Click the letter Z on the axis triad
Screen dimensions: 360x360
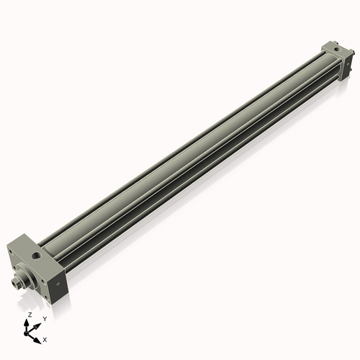(x=30, y=315)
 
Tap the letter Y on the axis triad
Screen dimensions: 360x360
(x=44, y=318)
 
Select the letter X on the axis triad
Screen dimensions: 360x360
(x=45, y=338)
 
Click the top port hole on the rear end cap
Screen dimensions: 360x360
(x=337, y=50)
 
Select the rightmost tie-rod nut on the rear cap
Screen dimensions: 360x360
(x=352, y=53)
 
